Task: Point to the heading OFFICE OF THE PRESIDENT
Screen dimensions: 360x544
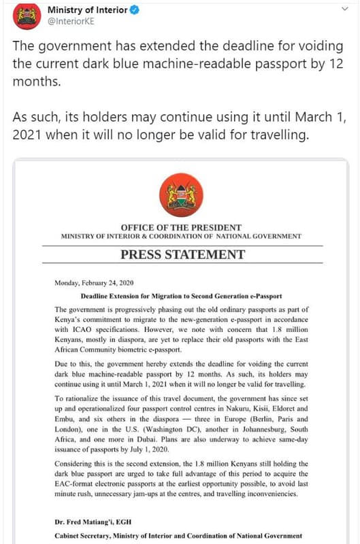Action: point(180,226)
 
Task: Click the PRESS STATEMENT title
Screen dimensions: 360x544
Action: point(182,255)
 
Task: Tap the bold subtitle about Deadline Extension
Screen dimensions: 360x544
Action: point(180,296)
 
